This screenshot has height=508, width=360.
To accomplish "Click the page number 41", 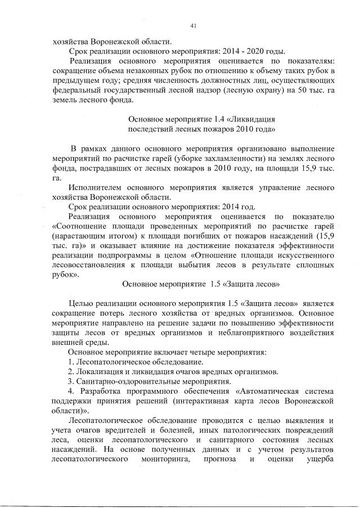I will (193, 25).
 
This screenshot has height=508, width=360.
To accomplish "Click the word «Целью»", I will (80, 304).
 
